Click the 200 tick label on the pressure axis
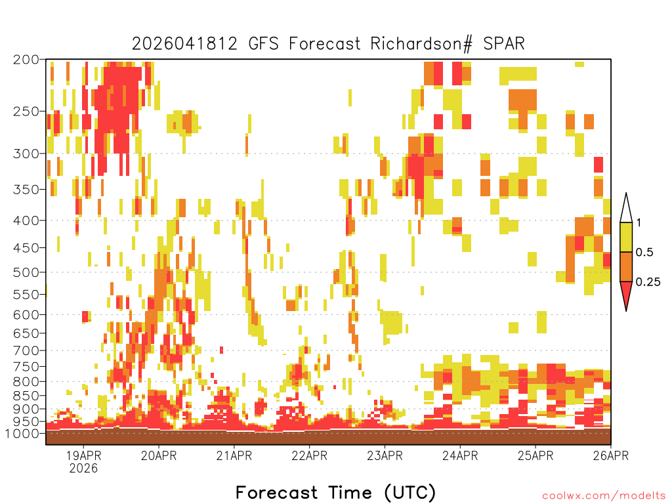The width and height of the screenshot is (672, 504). (x=26, y=60)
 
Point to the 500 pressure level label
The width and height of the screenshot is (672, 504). (x=26, y=272)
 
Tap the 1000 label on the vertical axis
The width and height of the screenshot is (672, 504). (x=22, y=433)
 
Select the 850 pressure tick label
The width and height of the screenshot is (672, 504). (x=26, y=396)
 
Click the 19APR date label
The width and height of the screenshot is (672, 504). (x=83, y=455)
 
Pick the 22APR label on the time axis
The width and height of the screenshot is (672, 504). (x=310, y=455)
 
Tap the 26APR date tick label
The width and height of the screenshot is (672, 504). (x=611, y=455)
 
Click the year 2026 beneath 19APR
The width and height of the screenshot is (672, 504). (x=83, y=468)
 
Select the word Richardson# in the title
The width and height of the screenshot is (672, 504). (x=422, y=44)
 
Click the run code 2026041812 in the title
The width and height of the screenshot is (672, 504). (x=184, y=44)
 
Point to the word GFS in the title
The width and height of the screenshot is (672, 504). (x=263, y=44)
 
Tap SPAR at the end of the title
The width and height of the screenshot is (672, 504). (x=504, y=44)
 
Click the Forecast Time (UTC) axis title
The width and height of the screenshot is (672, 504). (x=335, y=492)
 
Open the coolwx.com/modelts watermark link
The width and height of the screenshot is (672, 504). (x=604, y=496)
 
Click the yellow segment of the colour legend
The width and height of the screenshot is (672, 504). (x=626, y=237)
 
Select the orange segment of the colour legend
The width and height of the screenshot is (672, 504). (x=626, y=266)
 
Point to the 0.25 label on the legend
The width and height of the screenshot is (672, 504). (x=648, y=282)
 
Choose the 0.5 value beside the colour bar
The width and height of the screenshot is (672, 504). (x=644, y=253)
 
